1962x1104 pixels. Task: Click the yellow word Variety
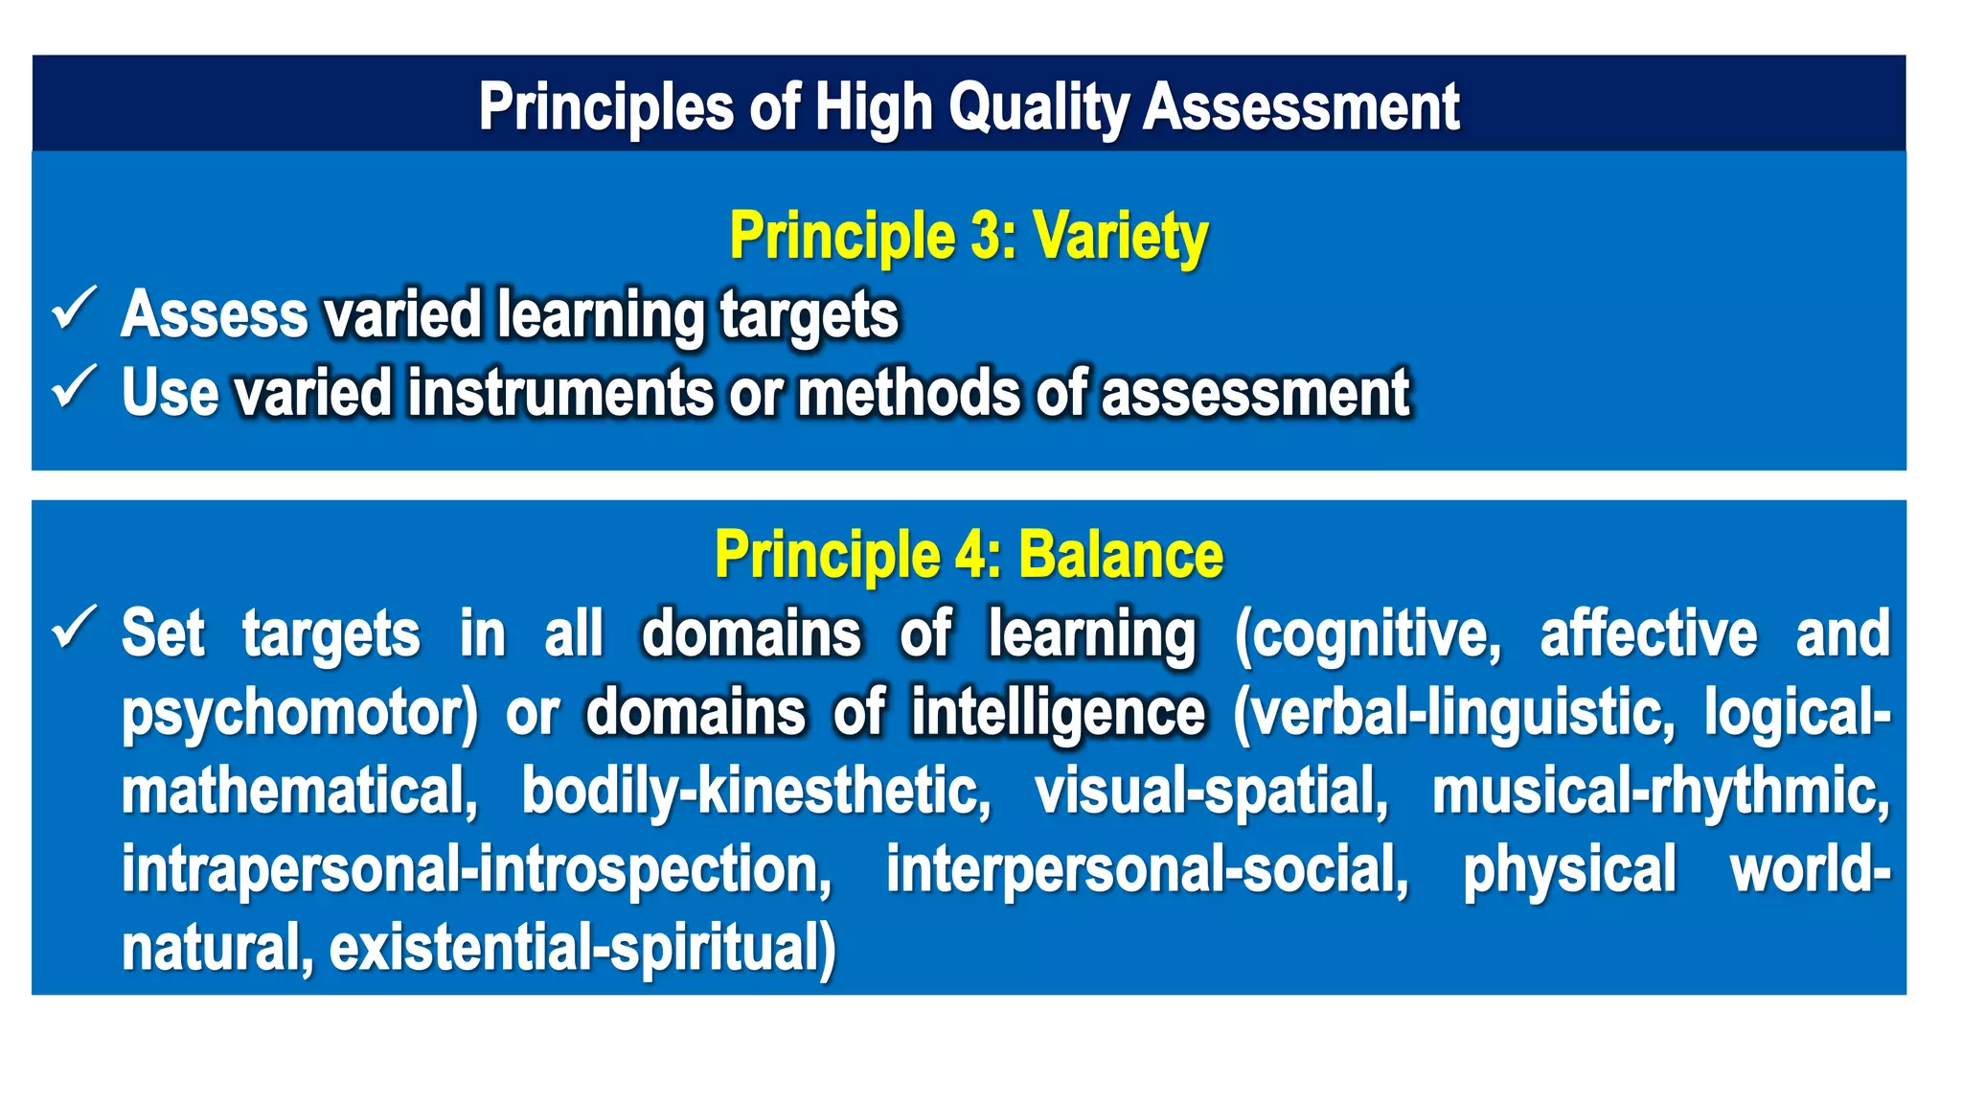1120,236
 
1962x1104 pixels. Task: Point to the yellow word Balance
1120,555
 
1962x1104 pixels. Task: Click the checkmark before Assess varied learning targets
74,309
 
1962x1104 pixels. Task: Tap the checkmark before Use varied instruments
74,387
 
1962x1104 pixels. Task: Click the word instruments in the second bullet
560,393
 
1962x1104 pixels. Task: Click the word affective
1648,634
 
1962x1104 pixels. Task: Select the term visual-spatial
1211,793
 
